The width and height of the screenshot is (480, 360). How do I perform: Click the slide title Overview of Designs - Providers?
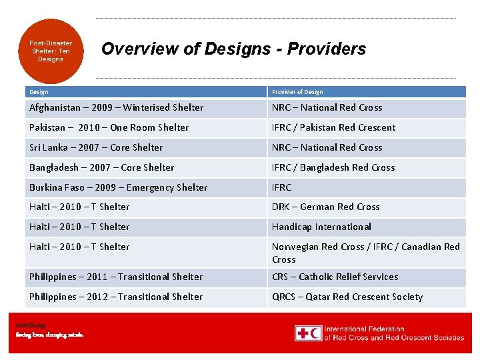click(233, 49)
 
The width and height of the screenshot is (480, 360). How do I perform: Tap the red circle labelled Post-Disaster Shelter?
click(51, 51)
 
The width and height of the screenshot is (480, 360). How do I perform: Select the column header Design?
click(39, 92)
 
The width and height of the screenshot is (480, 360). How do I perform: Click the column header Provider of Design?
click(297, 92)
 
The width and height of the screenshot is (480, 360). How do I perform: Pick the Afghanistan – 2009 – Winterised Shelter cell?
click(117, 107)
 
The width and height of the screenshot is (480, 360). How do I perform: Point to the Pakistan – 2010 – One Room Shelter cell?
click(109, 127)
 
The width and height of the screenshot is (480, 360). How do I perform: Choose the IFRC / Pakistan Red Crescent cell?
click(333, 127)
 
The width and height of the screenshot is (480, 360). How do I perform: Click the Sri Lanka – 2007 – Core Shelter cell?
click(96, 147)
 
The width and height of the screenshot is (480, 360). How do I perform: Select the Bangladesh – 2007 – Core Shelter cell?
click(102, 167)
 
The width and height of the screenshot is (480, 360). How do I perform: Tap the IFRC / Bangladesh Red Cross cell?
click(333, 167)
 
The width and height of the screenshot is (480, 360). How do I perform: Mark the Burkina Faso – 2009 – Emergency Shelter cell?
click(119, 187)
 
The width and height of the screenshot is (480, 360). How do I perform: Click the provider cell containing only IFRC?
click(282, 187)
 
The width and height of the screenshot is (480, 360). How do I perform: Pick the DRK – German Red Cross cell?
click(325, 207)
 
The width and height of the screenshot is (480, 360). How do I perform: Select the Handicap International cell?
click(321, 227)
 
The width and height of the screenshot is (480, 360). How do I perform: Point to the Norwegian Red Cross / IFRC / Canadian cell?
click(365, 253)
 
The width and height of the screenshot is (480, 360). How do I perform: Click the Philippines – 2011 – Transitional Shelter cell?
click(116, 277)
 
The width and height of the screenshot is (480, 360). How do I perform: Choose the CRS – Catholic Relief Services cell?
click(335, 277)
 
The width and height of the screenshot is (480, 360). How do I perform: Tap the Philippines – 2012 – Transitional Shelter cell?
click(116, 297)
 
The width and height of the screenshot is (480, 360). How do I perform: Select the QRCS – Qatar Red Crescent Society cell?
click(347, 297)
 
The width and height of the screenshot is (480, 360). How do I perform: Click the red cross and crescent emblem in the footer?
click(308, 333)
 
